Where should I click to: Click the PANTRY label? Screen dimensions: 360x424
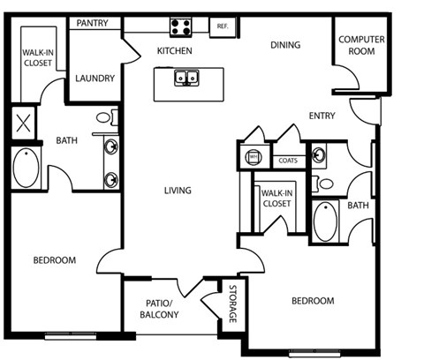[93, 22]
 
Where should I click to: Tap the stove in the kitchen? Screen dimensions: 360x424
[181, 26]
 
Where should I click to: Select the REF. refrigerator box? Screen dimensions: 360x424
[222, 26]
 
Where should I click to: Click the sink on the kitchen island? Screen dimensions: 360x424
[185, 79]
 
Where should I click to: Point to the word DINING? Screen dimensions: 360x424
[285, 45]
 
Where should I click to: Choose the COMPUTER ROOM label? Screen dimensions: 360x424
[357, 45]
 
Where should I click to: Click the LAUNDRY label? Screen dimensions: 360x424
[95, 79]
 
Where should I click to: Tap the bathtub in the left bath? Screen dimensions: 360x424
[26, 168]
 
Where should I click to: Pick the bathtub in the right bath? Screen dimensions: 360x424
[326, 221]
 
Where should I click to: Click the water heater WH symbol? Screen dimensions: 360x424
[253, 158]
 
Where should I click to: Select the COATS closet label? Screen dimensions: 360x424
[288, 161]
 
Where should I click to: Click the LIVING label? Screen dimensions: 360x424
[178, 191]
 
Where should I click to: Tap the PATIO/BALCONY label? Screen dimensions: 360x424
[161, 309]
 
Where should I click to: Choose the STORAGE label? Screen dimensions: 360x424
[233, 304]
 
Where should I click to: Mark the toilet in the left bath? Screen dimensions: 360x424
[103, 117]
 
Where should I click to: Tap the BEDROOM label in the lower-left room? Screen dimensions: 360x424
[55, 260]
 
